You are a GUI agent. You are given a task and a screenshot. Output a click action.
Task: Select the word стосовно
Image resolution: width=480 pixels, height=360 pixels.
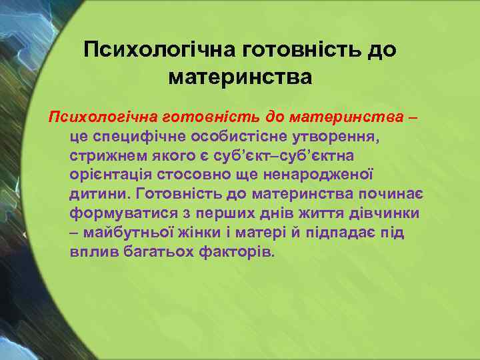pyautogui.click(x=189, y=175)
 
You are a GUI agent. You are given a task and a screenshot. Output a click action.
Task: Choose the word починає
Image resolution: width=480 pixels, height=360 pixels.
pyautogui.click(x=388, y=194)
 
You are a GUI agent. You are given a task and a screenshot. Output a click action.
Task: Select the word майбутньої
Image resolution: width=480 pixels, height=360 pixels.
pyautogui.click(x=129, y=233)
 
